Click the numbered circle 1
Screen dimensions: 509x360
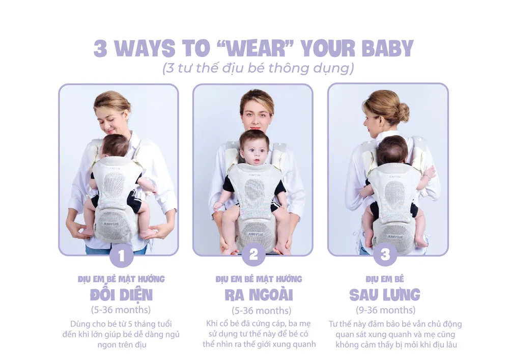[x=122, y=256]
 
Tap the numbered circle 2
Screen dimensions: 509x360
[x=253, y=255]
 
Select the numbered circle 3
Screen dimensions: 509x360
[x=385, y=255]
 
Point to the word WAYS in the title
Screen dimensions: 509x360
[x=145, y=49]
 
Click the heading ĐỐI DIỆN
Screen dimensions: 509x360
[x=121, y=295]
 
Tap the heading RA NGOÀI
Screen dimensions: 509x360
[x=259, y=295]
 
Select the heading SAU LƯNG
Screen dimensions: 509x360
[x=385, y=295]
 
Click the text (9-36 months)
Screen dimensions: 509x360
[x=386, y=310]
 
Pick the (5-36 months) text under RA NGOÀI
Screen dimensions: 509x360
[x=261, y=311]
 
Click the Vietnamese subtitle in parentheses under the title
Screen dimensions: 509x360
[x=258, y=68]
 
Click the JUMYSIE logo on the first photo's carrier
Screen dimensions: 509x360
[x=111, y=224]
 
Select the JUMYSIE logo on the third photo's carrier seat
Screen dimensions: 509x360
[x=395, y=237]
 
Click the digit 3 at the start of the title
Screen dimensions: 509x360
[x=100, y=49]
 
